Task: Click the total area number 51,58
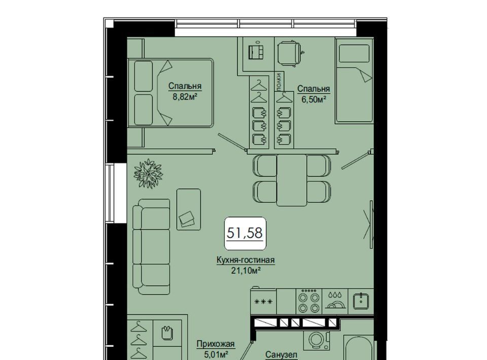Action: (245, 233)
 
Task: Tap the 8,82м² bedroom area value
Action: (185, 96)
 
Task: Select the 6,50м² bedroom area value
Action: (314, 99)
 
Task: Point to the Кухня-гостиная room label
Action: (246, 260)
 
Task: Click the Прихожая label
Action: (216, 344)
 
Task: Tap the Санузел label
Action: (282, 355)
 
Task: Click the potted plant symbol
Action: (149, 173)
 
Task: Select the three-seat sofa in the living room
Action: (151, 247)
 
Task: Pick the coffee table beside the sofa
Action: (189, 209)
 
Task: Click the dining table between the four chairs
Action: (292, 181)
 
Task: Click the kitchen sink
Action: (361, 301)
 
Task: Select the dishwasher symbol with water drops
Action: (335, 300)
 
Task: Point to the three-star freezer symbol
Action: (263, 301)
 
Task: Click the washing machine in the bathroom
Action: (316, 339)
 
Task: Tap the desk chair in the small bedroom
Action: (290, 53)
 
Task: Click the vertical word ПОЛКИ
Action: (280, 82)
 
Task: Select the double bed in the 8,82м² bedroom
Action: (170, 93)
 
